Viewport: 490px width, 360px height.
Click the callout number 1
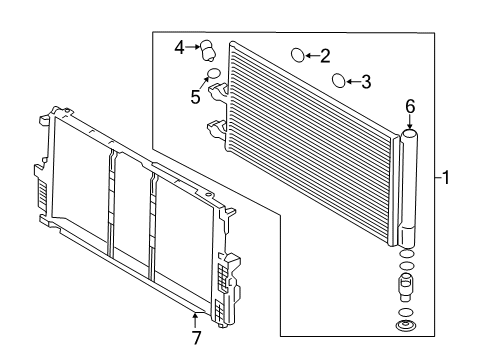tap(445, 177)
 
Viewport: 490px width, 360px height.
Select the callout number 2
tap(325, 56)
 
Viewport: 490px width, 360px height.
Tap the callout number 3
tap(366, 82)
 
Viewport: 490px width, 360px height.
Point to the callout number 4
tap(179, 47)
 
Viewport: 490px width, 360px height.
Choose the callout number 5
tap(195, 97)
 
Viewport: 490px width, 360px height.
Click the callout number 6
tap(410, 106)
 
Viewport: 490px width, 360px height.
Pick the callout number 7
tap(197, 338)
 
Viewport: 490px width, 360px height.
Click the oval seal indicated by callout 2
tap(298, 55)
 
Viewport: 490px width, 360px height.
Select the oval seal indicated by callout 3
tap(339, 80)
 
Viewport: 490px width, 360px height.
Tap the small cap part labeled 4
tap(207, 51)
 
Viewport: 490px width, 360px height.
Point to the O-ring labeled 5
tap(214, 73)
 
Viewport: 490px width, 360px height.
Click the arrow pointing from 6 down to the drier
tap(410, 121)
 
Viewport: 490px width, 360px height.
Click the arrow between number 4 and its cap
tap(192, 47)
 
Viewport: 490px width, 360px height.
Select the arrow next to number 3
tap(354, 81)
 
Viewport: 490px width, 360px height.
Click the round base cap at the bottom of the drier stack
tap(406, 326)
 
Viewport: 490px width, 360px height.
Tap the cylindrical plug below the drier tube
tap(406, 285)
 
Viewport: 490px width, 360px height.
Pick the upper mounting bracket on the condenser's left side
tap(218, 91)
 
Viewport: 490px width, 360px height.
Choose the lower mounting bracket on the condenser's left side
tap(217, 129)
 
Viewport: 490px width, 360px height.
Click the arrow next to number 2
tap(312, 55)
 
